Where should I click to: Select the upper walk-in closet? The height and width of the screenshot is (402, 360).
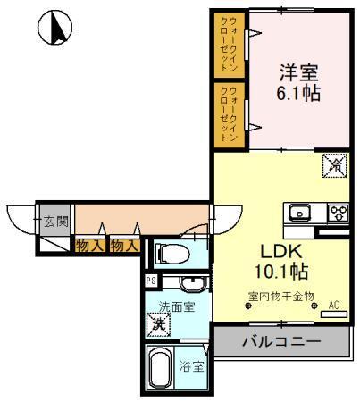click(230, 42)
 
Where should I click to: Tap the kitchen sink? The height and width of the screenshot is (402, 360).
click(298, 213)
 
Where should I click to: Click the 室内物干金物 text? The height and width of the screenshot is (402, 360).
click(280, 296)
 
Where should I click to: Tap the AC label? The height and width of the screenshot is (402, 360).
click(333, 306)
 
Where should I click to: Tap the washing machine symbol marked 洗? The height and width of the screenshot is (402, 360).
click(158, 322)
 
